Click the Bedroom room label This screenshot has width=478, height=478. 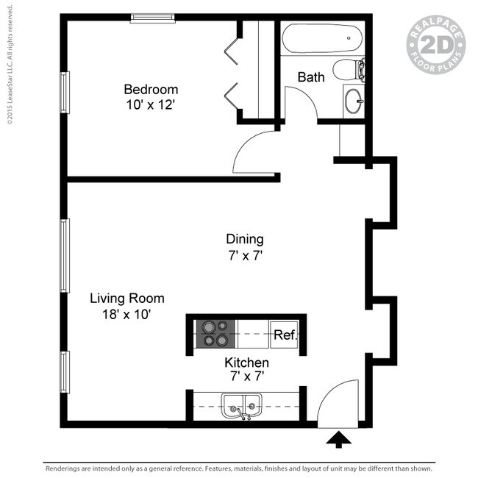(150, 90)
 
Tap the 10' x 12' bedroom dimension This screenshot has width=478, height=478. (150, 105)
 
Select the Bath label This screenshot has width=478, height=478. (311, 76)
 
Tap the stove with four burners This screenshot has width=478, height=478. (215, 333)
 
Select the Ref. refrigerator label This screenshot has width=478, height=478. (285, 335)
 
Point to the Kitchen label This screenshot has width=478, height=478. (246, 363)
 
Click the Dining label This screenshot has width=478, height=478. (244, 239)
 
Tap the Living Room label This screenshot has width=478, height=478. (127, 299)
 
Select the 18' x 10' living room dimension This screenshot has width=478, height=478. (127, 315)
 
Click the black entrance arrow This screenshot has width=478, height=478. (338, 440)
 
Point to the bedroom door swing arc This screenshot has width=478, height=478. (254, 151)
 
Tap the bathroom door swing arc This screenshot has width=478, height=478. (302, 102)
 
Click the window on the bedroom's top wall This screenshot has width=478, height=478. (153, 18)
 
